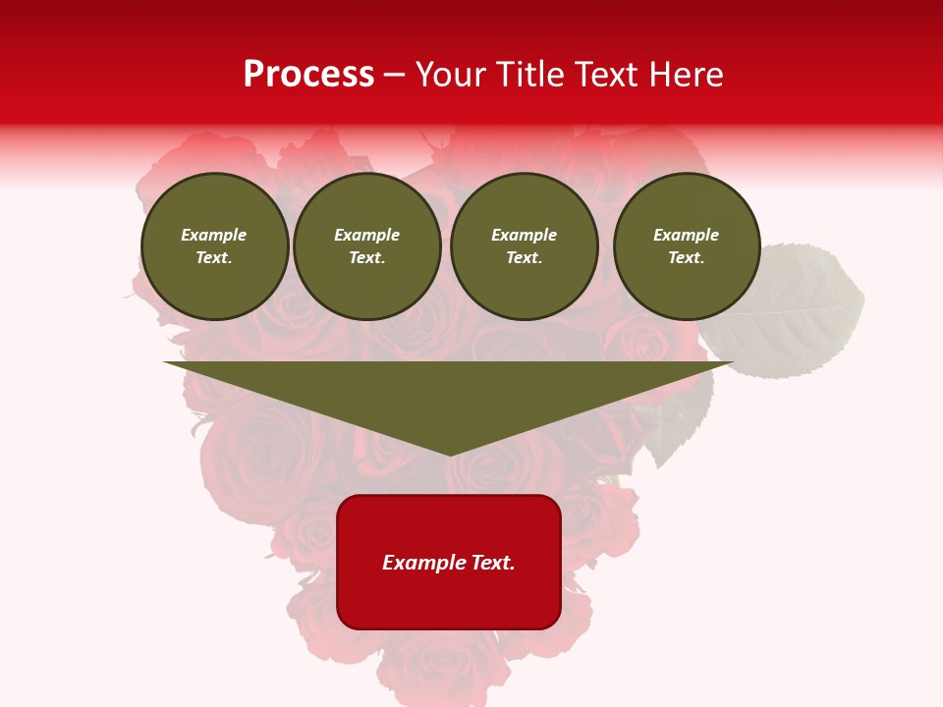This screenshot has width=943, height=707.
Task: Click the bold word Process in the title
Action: (308, 75)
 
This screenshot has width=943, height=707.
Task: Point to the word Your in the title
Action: (452, 75)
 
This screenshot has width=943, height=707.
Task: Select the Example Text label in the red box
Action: (449, 563)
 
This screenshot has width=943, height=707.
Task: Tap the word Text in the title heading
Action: (604, 75)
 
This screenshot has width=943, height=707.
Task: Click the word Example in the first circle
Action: (214, 235)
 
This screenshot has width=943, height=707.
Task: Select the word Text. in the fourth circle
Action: (687, 258)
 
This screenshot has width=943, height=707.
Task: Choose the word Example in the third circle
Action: (524, 235)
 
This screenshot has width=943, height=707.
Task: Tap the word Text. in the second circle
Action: (366, 258)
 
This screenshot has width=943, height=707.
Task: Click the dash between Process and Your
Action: (395, 75)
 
